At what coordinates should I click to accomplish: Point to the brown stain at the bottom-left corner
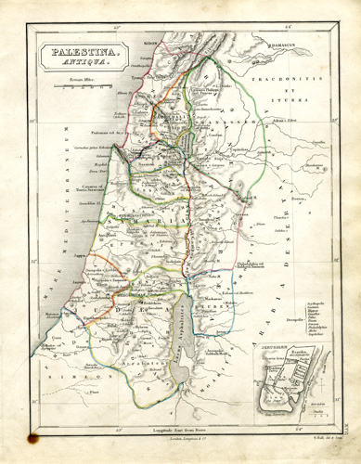coord(35,431)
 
